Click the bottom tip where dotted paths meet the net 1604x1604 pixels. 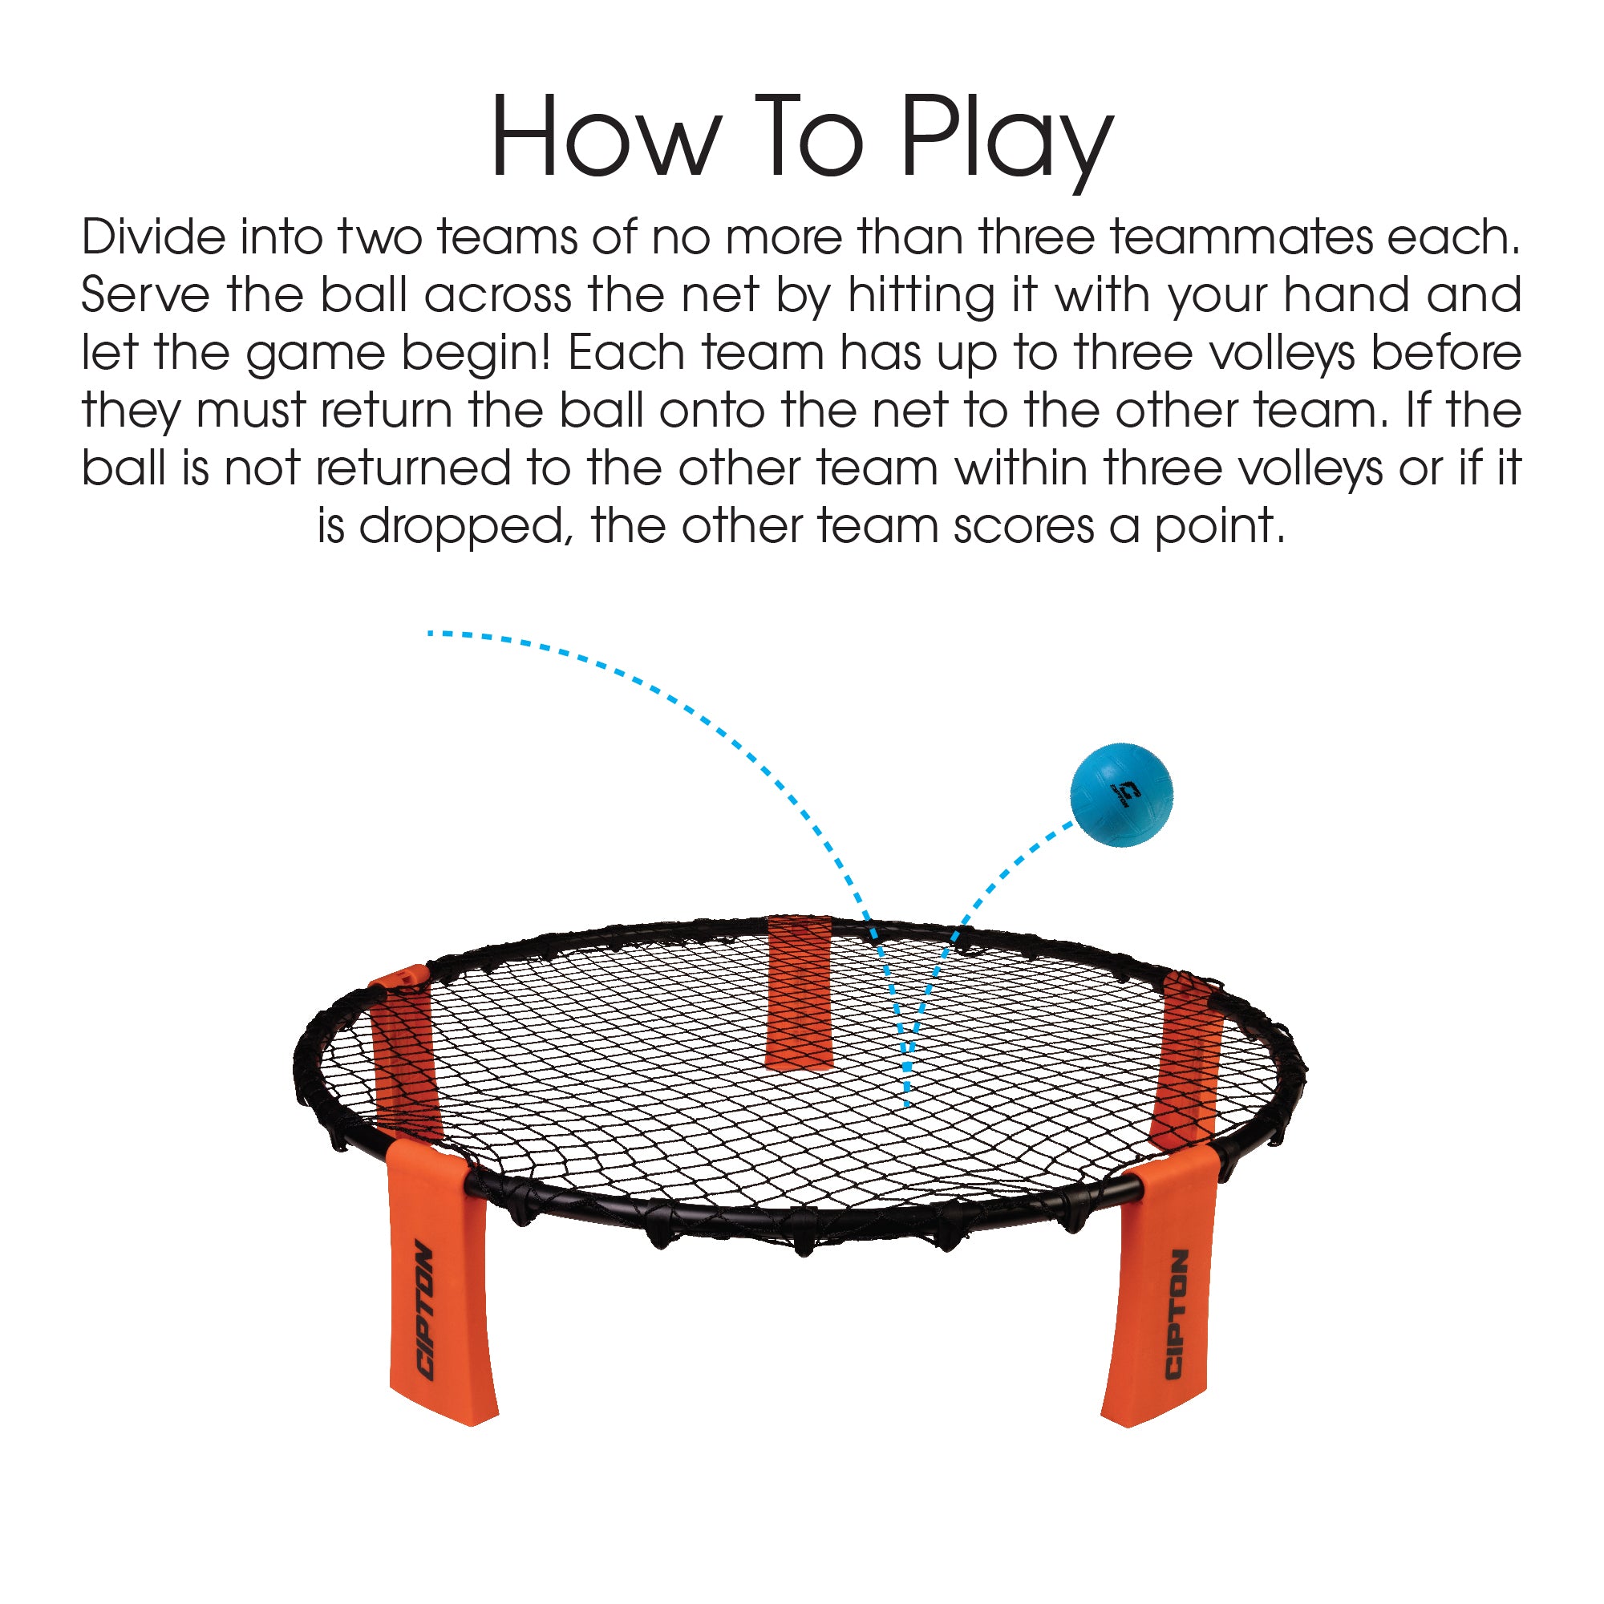(906, 1104)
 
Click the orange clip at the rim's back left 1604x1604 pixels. (399, 977)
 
